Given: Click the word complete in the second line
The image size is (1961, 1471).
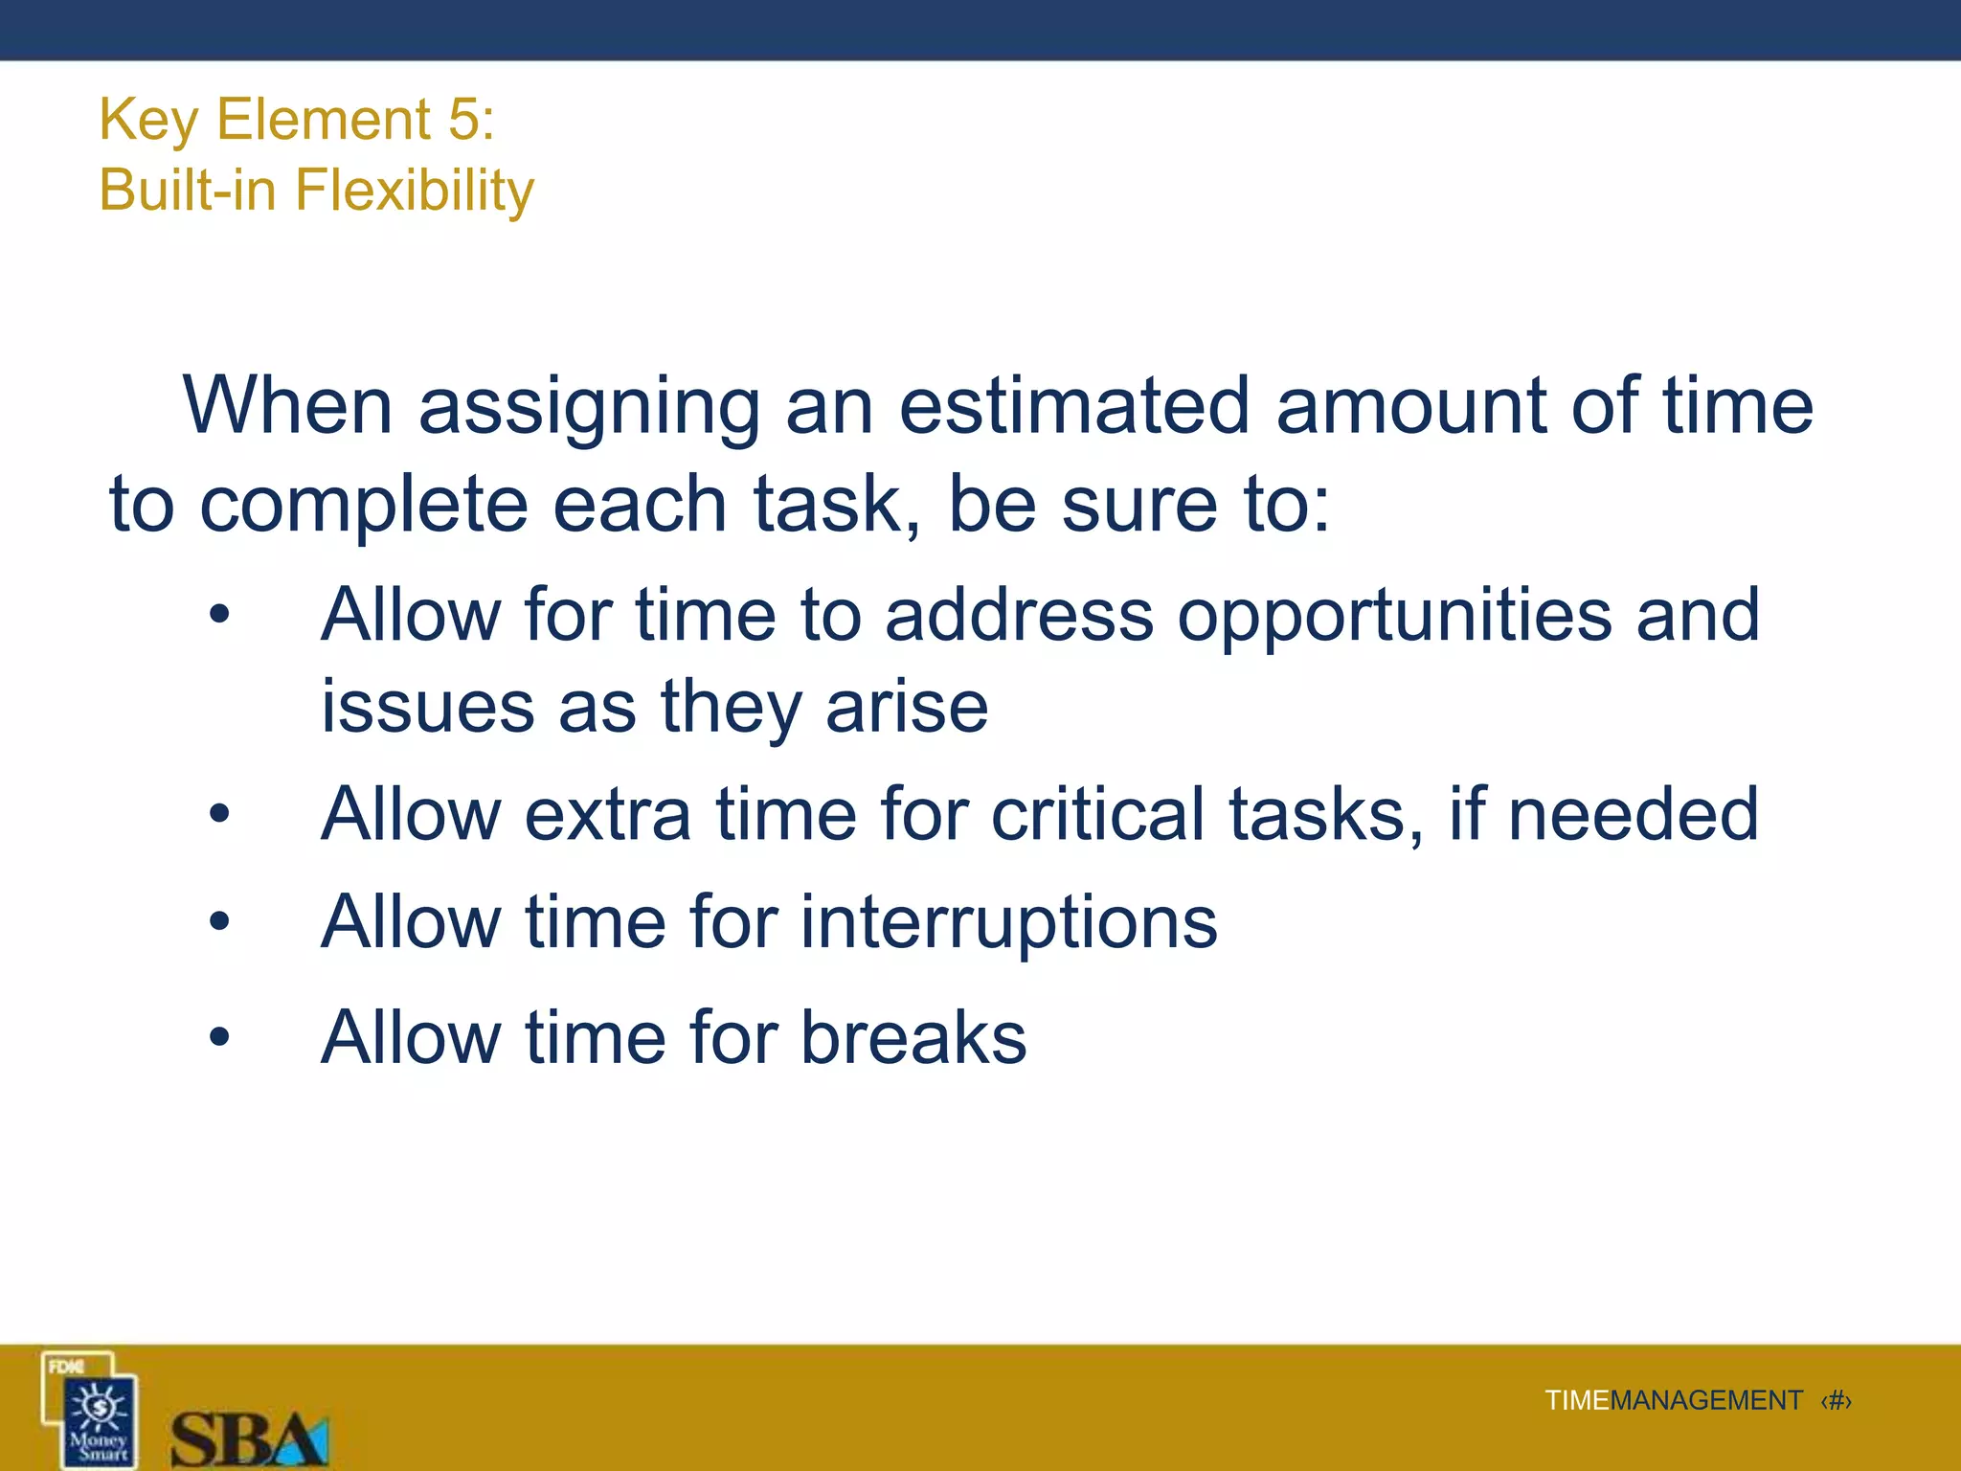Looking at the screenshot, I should pos(364,506).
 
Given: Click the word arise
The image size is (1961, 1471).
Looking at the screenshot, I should pos(907,707).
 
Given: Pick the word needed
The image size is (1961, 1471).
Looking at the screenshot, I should pos(1634,814).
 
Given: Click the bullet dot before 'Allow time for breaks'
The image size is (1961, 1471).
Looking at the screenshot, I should pos(219,1037).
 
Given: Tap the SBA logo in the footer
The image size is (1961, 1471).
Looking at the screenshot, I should pos(249,1437).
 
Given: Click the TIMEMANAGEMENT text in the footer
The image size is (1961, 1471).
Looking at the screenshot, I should pos(1673,1401).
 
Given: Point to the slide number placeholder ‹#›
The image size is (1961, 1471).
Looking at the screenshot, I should pos(1836,1401).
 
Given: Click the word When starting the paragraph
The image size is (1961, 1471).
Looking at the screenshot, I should pos(287,406).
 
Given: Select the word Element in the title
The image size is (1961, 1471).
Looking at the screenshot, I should pos(324,120).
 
